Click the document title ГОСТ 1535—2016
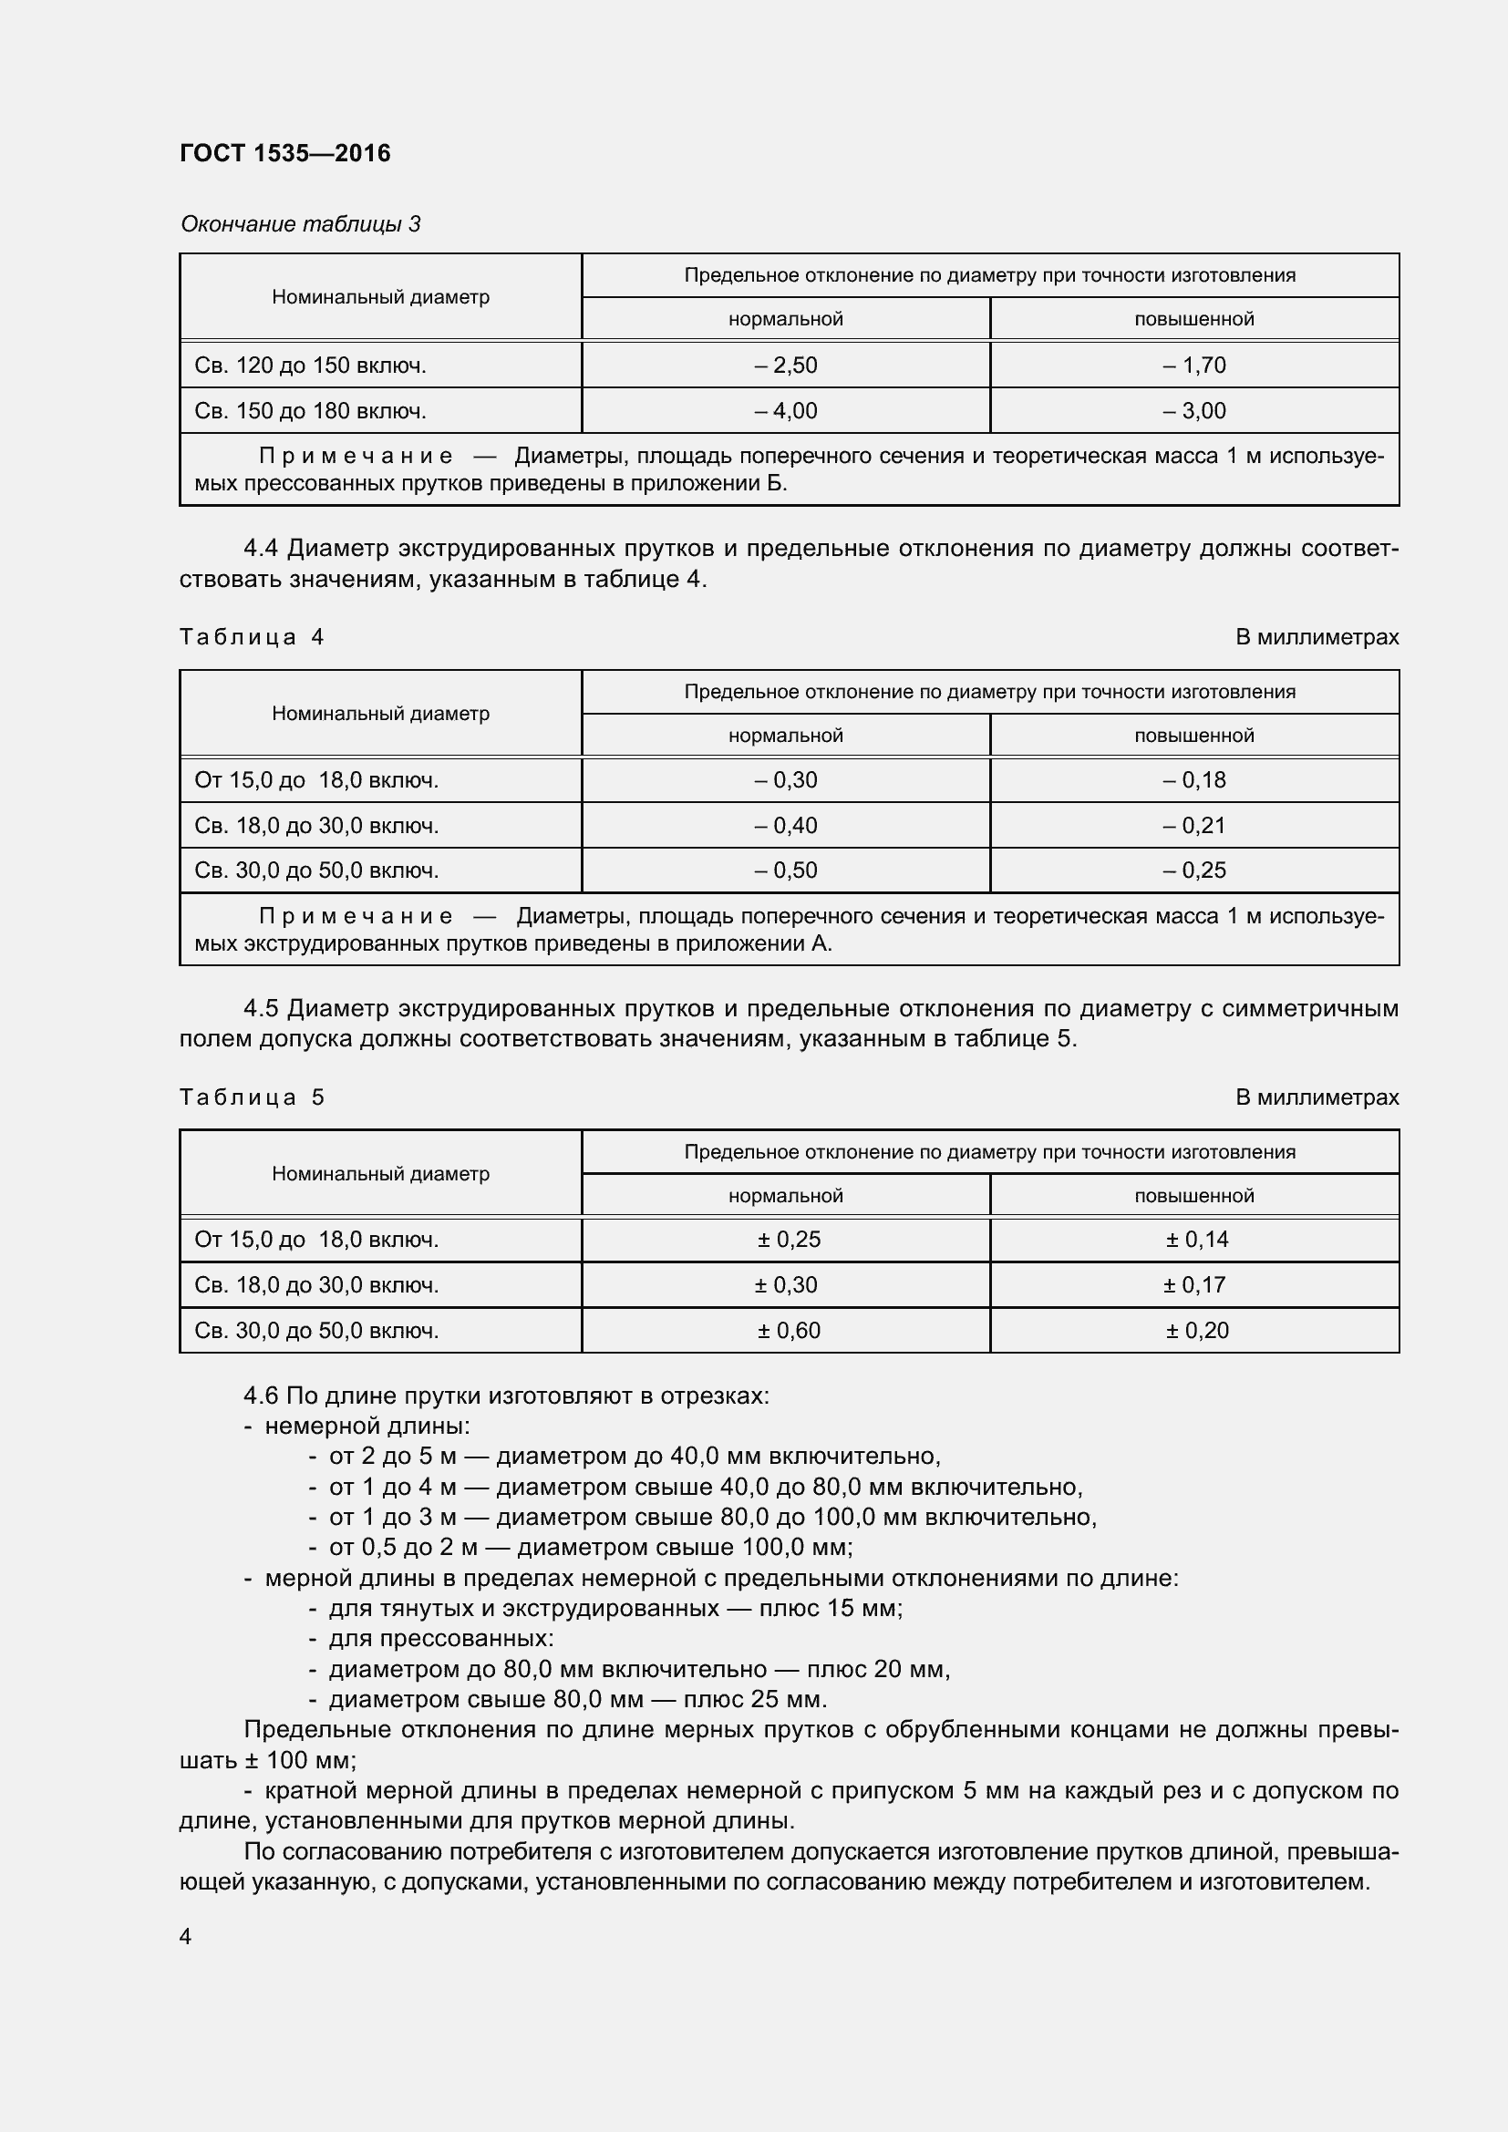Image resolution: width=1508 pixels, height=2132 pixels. (x=285, y=153)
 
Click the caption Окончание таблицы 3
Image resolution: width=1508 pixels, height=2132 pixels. (x=300, y=224)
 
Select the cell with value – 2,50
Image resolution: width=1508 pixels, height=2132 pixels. (x=786, y=365)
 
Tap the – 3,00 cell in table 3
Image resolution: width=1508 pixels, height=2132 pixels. (x=1194, y=410)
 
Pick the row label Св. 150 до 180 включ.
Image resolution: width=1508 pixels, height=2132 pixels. (x=310, y=410)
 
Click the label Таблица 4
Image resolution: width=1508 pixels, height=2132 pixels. (x=252, y=637)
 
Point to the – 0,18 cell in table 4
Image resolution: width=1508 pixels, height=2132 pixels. (x=1194, y=780)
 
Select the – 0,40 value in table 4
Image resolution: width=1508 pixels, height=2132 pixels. (x=786, y=826)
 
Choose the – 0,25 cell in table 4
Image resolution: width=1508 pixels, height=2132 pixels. (x=1194, y=870)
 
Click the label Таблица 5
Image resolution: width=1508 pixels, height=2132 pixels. (x=252, y=1097)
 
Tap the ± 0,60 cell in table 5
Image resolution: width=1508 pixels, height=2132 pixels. (x=789, y=1331)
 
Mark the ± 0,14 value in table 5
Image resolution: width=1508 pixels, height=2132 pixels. (x=1197, y=1240)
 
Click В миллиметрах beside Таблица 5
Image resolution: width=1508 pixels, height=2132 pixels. (x=1317, y=1097)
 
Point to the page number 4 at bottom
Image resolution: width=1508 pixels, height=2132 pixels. (x=186, y=1937)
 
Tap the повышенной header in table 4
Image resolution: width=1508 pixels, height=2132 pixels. (x=1194, y=736)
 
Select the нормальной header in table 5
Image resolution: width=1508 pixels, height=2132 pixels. (x=786, y=1196)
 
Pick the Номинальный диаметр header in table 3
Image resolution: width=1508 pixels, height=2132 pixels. (x=381, y=297)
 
